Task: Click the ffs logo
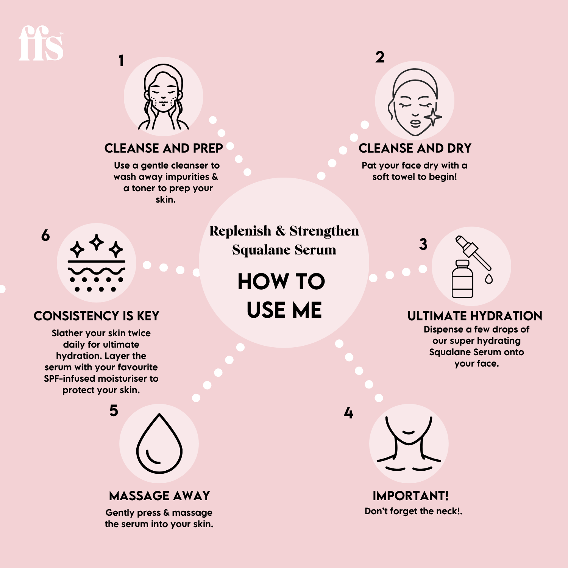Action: pyautogui.click(x=41, y=44)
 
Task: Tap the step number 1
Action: pyautogui.click(x=121, y=61)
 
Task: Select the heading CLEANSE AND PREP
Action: pyautogui.click(x=164, y=148)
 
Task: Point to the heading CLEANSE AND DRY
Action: pyautogui.click(x=415, y=148)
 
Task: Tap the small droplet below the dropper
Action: pyautogui.click(x=489, y=279)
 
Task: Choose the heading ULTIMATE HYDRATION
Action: pyautogui.click(x=475, y=316)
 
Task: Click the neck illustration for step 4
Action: pyautogui.click(x=409, y=443)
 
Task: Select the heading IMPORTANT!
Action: pyautogui.click(x=410, y=496)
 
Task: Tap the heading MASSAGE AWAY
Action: pyautogui.click(x=159, y=496)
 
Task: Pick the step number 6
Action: pyautogui.click(x=45, y=236)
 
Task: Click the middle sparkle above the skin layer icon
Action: pyautogui.click(x=97, y=242)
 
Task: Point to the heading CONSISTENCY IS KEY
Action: pyautogui.click(x=97, y=316)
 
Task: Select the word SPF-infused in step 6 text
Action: pyautogui.click(x=69, y=379)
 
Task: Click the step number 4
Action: pyautogui.click(x=348, y=413)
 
